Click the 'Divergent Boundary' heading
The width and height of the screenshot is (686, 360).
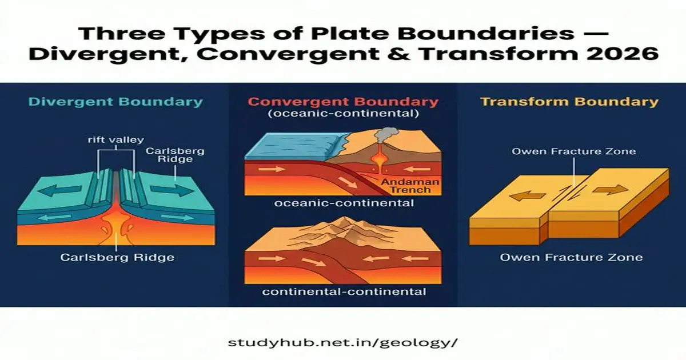click(115, 103)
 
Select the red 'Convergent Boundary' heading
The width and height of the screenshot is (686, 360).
click(344, 102)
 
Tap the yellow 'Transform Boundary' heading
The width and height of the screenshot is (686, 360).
click(569, 102)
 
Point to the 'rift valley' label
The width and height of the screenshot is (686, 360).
click(116, 139)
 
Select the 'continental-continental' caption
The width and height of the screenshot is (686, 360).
click(344, 291)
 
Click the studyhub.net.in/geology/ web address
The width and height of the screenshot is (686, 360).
click(343, 343)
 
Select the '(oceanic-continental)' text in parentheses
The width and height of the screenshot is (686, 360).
click(344, 114)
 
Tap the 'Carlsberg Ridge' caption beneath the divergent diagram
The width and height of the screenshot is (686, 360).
click(117, 258)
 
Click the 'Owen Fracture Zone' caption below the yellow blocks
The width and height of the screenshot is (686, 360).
click(571, 258)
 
